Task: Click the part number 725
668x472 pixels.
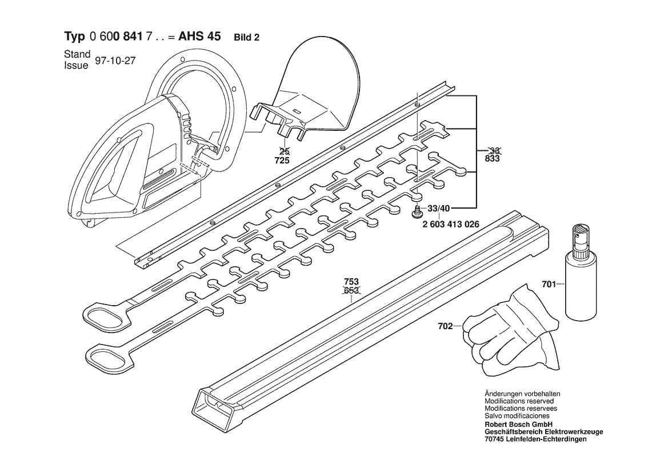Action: pos(282,160)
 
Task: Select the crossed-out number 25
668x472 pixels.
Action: pos(283,151)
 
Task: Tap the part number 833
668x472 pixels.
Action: pos(492,158)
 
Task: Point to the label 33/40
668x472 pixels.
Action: pos(438,209)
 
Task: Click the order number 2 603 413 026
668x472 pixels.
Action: pos(451,224)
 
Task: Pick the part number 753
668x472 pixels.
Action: pos(351,282)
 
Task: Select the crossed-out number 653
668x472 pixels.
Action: pos(351,291)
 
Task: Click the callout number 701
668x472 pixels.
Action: pos(549,283)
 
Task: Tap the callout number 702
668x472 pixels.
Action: pos(445,326)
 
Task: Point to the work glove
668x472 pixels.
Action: pos(511,331)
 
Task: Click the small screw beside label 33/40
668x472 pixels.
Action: pos(417,211)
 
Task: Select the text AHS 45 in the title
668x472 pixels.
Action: pos(199,36)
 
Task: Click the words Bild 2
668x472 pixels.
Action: pos(247,38)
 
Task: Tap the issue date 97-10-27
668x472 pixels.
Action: pos(115,61)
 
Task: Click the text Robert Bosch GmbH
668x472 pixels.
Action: pos(518,425)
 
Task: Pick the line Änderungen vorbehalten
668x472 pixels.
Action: pos(522,394)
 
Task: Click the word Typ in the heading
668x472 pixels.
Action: pos(75,37)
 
